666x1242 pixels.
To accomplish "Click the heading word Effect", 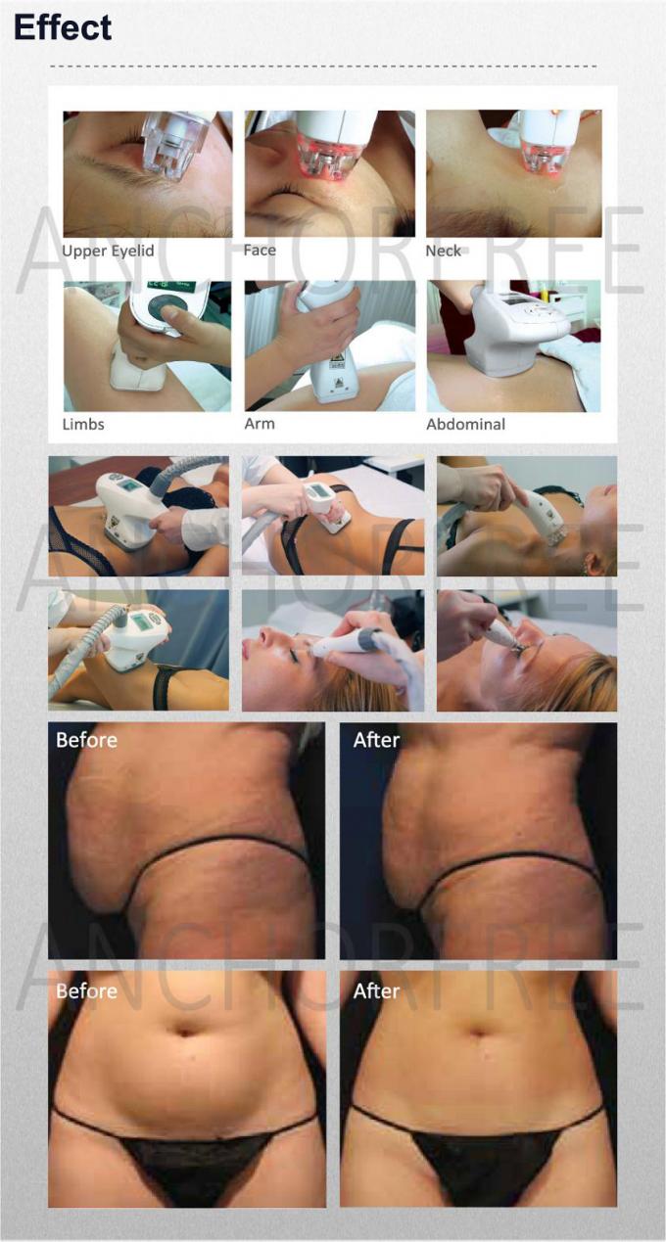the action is (x=63, y=27).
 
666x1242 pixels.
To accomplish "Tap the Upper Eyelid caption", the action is (x=108, y=251).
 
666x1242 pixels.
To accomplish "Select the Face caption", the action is (x=260, y=250).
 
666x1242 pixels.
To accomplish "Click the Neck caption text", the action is (x=443, y=251).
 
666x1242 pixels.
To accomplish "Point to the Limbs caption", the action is (x=83, y=424).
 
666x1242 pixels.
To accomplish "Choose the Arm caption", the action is (x=260, y=424).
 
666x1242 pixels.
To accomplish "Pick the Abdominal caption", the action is (x=465, y=424).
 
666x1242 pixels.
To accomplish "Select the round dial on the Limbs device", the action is (x=166, y=309).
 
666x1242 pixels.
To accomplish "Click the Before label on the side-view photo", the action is (x=86, y=740).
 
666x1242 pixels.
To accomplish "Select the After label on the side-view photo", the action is (x=376, y=740).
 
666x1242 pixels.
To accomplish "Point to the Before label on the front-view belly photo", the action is (x=86, y=991).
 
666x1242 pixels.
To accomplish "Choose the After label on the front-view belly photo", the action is (x=376, y=991).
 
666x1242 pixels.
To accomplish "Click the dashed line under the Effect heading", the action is (x=323, y=67).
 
